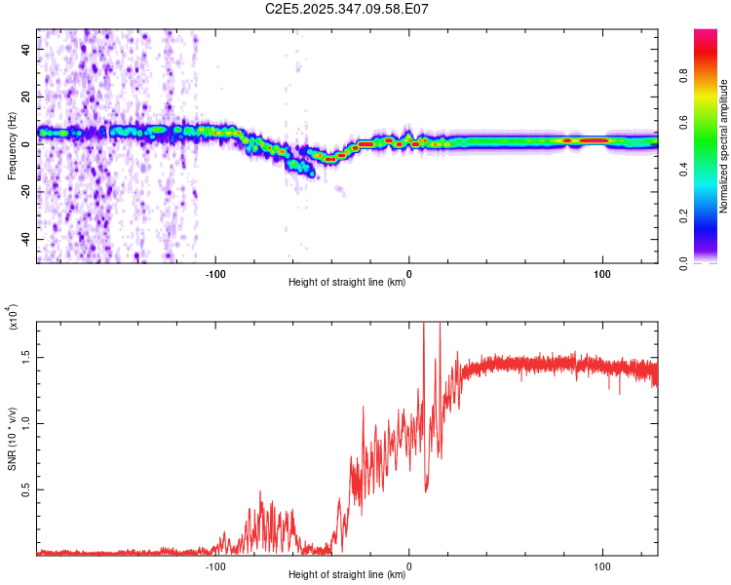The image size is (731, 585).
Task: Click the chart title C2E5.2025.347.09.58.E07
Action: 348,10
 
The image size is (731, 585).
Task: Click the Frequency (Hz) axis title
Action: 12,146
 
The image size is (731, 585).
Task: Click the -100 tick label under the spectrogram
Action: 215,274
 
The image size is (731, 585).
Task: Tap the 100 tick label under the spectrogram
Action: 602,274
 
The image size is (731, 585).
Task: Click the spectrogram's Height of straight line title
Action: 347,283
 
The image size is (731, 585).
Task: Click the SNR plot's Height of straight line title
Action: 347,575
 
